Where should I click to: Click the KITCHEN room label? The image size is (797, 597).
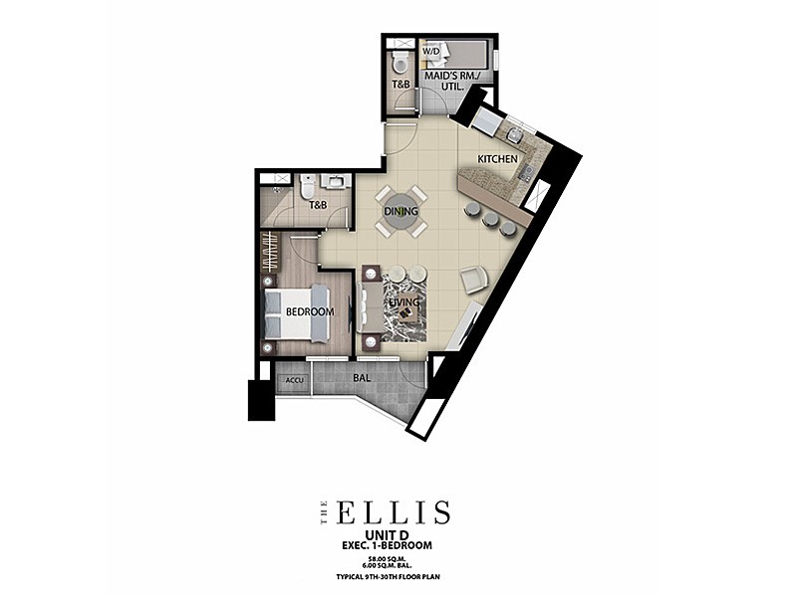[x=497, y=159]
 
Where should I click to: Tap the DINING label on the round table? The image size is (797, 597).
[x=401, y=211]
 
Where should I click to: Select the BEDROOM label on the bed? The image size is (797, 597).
[x=310, y=311]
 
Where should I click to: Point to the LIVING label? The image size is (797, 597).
[x=404, y=302]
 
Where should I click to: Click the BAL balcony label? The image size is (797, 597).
[x=362, y=378]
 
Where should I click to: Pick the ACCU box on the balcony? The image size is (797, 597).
[x=294, y=380]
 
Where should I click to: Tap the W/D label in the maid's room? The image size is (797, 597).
[x=432, y=52]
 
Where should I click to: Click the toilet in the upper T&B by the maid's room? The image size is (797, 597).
[x=400, y=64]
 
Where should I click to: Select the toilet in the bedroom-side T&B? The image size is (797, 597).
[x=308, y=187]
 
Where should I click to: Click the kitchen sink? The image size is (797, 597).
[x=514, y=134]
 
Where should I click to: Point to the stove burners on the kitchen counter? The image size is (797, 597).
[x=526, y=172]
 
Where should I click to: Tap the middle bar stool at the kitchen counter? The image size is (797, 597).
[x=490, y=219]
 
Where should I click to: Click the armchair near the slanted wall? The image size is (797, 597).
[x=474, y=280]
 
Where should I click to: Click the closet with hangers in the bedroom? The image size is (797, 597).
[x=269, y=253]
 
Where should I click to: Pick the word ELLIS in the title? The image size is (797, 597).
[x=394, y=512]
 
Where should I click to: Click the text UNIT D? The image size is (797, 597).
[x=388, y=534]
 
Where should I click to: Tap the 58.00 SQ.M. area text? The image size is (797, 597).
[x=388, y=558]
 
